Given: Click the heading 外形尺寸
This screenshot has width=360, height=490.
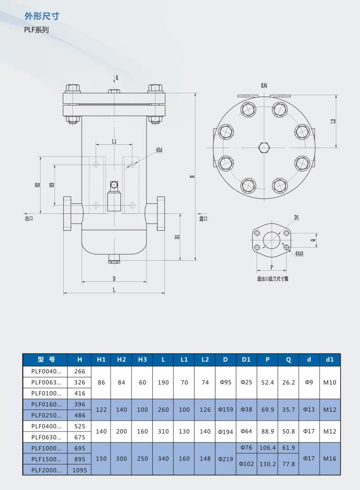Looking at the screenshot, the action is click(42, 16).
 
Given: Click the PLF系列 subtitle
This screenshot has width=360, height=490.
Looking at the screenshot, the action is click(37, 30).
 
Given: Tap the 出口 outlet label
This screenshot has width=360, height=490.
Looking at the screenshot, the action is click(29, 218).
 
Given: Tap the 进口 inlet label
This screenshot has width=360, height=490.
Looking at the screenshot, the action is click(203, 218).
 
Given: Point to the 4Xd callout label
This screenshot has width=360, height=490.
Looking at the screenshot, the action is click(159, 150).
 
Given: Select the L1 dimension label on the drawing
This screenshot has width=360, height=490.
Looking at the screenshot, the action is click(114, 141).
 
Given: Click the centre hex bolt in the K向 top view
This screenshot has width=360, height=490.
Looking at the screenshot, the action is click(264, 148).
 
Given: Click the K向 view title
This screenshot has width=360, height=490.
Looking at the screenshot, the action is click(264, 85).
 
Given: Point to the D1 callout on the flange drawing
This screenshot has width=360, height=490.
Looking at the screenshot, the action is click(297, 217).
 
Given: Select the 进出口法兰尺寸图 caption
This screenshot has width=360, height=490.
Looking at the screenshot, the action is click(273, 279).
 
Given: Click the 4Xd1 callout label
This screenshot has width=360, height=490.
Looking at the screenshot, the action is click(299, 253).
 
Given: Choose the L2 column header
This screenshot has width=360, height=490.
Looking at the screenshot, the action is click(205, 359).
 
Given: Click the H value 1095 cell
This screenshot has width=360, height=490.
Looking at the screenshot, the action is click(79, 470).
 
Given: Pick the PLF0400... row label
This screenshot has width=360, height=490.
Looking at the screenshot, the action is click(46, 426).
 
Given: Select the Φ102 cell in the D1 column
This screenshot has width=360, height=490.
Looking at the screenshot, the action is click(246, 464).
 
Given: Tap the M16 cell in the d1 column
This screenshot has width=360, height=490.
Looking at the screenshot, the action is click(330, 459).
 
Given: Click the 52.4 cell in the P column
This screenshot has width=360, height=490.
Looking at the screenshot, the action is click(267, 382).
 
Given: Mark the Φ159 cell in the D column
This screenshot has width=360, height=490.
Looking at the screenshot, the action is click(226, 409).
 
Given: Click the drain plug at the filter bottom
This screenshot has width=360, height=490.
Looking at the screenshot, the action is click(114, 259).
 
